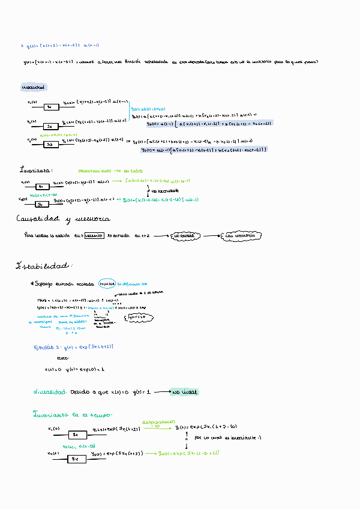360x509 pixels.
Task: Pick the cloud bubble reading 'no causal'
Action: pos(188,236)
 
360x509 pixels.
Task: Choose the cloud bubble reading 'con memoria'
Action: pos(240,236)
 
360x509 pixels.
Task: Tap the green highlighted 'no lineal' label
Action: pos(185,392)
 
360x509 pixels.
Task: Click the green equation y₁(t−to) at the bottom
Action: pos(188,453)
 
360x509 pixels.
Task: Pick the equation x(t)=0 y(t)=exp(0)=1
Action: pos(74,369)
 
